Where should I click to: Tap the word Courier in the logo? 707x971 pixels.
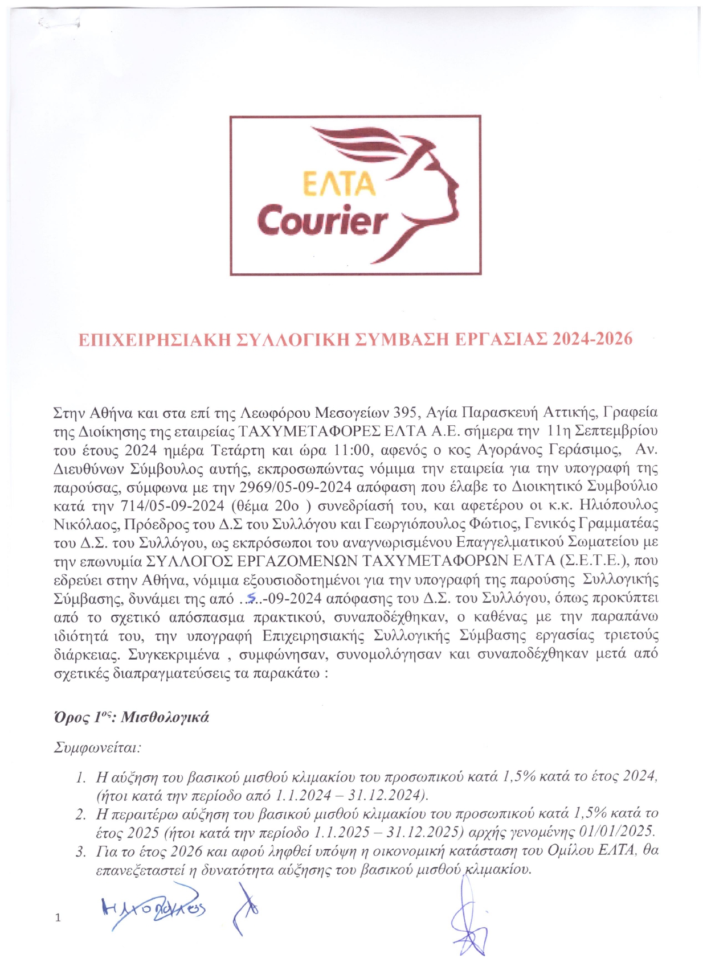pos(323,220)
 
